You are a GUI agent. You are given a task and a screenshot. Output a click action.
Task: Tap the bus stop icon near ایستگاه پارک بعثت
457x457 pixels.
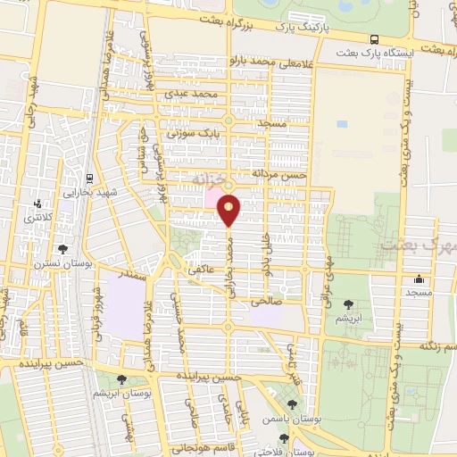373,39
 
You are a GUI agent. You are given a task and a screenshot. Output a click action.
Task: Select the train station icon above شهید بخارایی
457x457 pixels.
89,179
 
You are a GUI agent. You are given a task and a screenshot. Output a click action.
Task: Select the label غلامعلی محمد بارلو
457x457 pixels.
229,64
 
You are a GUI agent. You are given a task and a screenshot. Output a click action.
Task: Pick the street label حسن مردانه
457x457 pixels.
279,174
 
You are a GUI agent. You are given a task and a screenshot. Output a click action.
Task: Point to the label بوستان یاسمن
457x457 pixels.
284,418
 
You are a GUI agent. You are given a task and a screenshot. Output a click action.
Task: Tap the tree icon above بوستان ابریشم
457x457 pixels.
121,379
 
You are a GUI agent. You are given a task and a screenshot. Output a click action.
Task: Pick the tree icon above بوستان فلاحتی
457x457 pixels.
284,437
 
